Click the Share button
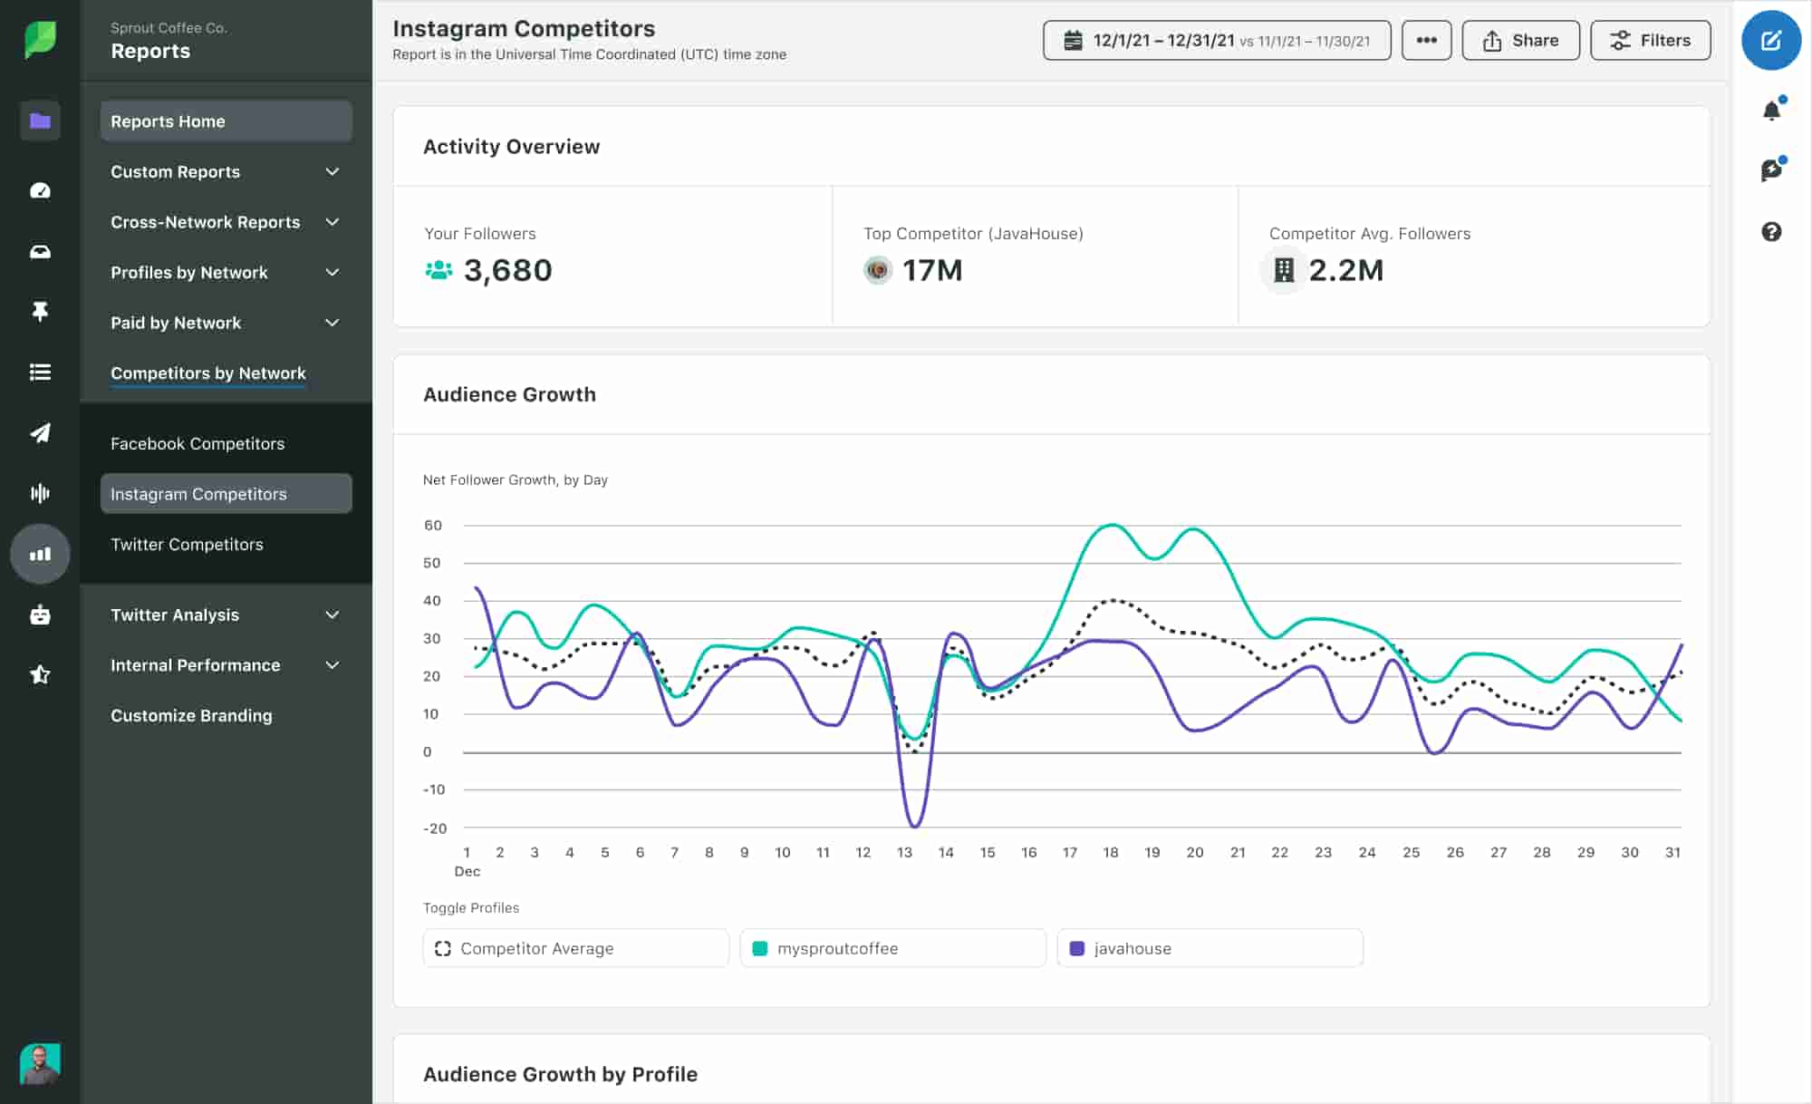1520,41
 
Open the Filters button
1650,41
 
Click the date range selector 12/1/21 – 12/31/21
1216,41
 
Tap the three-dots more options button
1426,41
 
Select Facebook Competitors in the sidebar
198,443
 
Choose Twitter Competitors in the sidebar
187,544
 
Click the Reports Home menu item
226,121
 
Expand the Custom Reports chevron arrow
333,171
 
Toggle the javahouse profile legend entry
1209,948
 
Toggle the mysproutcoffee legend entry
892,948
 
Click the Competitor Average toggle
575,948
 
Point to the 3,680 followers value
507,270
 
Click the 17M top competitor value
931,270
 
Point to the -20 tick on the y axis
435,828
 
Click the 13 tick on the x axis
904,852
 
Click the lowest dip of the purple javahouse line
914,826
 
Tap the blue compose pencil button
1770,41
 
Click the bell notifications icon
1771,111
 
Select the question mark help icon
1771,232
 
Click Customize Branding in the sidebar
191,715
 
